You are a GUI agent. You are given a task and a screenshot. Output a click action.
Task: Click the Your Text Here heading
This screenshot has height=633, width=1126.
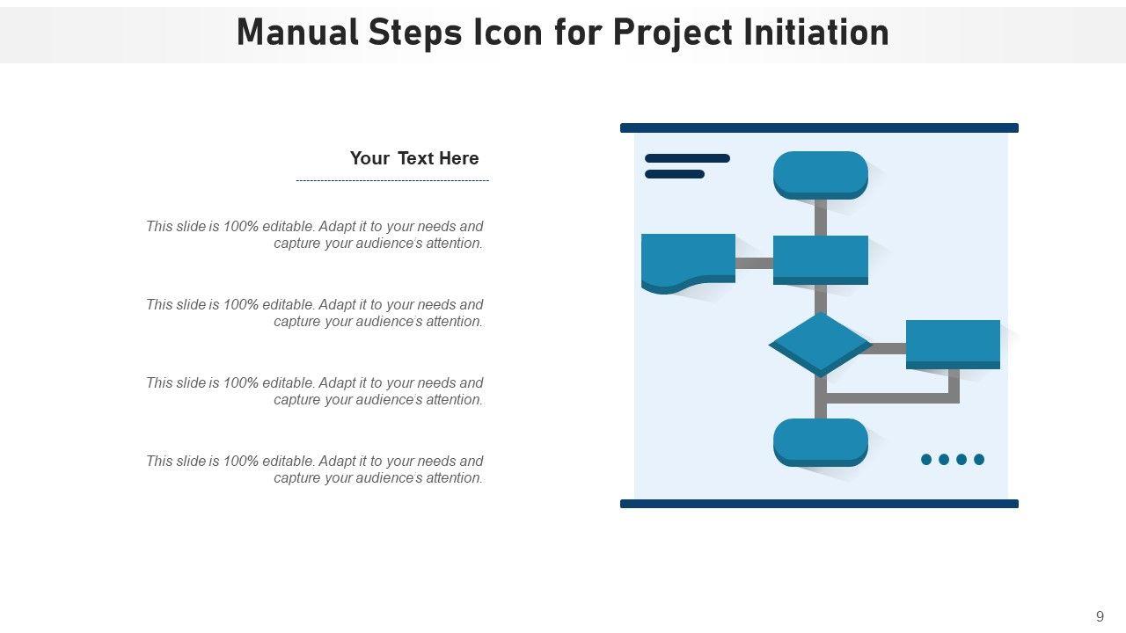(x=414, y=158)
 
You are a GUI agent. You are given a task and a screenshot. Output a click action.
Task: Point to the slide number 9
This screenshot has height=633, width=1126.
(x=1100, y=616)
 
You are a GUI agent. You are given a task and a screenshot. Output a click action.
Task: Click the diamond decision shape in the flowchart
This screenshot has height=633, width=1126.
(x=820, y=343)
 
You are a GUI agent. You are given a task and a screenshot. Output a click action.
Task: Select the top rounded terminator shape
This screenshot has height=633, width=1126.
(x=820, y=173)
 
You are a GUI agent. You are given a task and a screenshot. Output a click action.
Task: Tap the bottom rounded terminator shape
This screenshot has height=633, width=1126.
(x=820, y=440)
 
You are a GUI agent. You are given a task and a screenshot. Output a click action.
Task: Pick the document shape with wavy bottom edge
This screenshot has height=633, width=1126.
(x=688, y=258)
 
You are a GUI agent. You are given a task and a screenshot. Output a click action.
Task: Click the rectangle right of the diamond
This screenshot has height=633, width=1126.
(x=953, y=342)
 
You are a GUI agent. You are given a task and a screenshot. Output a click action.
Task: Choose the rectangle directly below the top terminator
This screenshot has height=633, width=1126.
(x=820, y=258)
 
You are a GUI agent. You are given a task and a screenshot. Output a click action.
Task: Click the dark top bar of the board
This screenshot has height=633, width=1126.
(x=819, y=128)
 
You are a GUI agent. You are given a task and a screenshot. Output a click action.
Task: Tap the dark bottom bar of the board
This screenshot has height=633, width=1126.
(x=819, y=504)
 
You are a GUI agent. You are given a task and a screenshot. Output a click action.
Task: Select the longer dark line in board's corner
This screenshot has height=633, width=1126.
(x=687, y=158)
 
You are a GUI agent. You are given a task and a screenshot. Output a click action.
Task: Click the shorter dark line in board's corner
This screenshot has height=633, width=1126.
(x=675, y=174)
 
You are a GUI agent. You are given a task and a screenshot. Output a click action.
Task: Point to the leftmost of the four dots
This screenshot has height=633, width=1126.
(x=926, y=459)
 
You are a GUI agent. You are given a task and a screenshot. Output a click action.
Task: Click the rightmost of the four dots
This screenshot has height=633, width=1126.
(x=979, y=459)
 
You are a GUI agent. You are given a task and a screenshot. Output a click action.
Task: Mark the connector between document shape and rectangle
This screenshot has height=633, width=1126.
(x=754, y=263)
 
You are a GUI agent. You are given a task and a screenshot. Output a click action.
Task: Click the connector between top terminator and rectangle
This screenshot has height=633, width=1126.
(x=821, y=217)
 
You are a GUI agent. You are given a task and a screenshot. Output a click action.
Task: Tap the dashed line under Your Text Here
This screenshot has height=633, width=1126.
(x=392, y=180)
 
